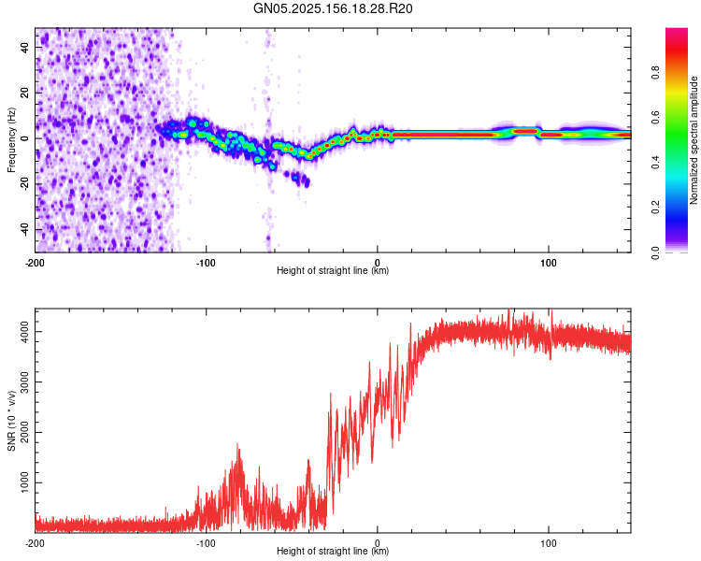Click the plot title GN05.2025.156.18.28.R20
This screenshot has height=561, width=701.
coord(333,8)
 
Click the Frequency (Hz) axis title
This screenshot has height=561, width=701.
coord(11,139)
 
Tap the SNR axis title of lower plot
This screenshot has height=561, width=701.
coord(11,421)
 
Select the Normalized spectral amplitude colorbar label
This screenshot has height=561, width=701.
coord(694,140)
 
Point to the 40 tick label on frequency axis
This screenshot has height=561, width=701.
coord(24,47)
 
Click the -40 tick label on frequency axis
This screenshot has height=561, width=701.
coord(24,230)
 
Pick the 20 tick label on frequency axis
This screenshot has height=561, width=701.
coord(24,93)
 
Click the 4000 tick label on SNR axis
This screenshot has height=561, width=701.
coord(24,332)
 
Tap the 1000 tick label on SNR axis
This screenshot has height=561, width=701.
coord(24,482)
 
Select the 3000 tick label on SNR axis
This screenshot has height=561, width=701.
coord(24,382)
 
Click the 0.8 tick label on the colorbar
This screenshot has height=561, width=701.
coord(655,72)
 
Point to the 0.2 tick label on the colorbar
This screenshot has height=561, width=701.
coord(655,208)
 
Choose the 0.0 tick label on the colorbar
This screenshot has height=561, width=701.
coord(655,252)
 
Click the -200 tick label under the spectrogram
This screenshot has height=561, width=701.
coord(35,263)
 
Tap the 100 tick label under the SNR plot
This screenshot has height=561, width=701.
coord(549,543)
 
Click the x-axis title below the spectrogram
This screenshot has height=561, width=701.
coord(333,270)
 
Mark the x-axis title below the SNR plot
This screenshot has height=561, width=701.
coord(333,551)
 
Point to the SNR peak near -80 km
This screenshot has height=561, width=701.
coord(237,444)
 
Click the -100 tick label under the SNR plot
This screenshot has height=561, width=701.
coord(207,543)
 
